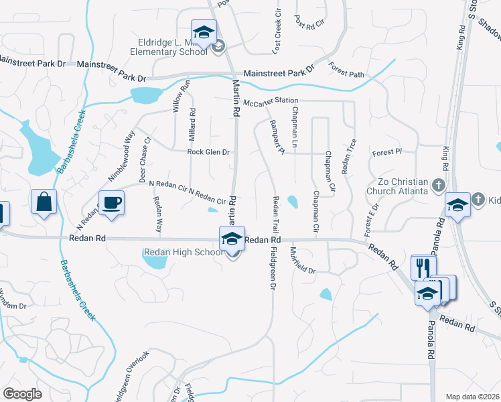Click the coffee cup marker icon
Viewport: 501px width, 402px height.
tap(111, 202)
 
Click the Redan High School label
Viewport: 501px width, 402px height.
tap(183, 252)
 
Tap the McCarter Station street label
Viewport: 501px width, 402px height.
tap(270, 102)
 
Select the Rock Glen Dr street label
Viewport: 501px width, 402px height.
tap(208, 152)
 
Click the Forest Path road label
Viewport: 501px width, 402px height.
tap(346, 70)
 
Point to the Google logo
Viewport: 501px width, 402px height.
tap(22, 394)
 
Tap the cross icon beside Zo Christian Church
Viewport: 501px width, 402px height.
tap(438, 184)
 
